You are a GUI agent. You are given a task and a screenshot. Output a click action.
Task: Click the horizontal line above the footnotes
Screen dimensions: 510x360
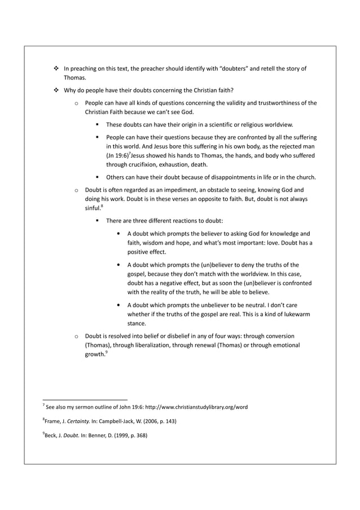pyautogui.click(x=85, y=398)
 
